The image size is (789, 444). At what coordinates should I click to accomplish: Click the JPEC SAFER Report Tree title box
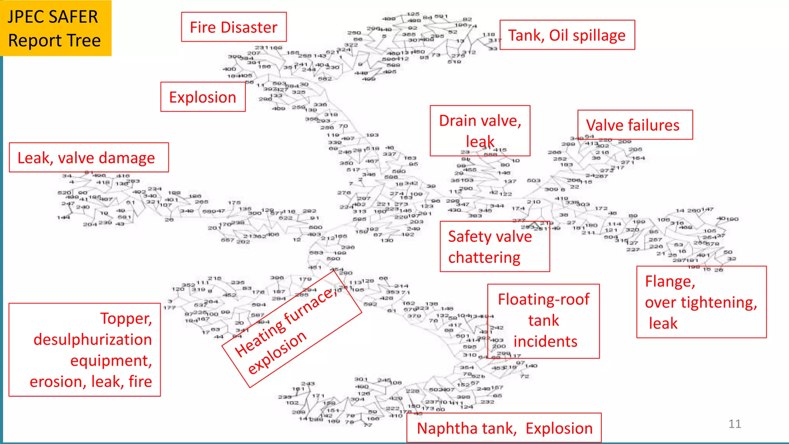click(55, 28)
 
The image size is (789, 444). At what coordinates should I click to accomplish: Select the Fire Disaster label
click(233, 27)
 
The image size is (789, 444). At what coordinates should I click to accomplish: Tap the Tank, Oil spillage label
click(567, 35)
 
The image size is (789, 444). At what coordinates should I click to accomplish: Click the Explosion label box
click(203, 97)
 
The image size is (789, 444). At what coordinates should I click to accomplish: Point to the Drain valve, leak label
click(480, 131)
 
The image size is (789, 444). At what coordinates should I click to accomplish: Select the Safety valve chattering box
click(494, 247)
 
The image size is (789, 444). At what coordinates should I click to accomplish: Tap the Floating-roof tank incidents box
click(543, 321)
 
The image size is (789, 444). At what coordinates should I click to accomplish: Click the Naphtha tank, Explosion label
click(504, 428)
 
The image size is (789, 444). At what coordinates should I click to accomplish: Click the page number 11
click(734, 424)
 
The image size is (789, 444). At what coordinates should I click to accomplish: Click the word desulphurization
click(92, 340)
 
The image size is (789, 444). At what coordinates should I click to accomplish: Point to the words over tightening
click(701, 302)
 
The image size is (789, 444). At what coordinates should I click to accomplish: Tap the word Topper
click(126, 318)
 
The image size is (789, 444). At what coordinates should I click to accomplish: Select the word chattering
click(484, 257)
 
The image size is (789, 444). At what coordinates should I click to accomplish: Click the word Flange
click(670, 281)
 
